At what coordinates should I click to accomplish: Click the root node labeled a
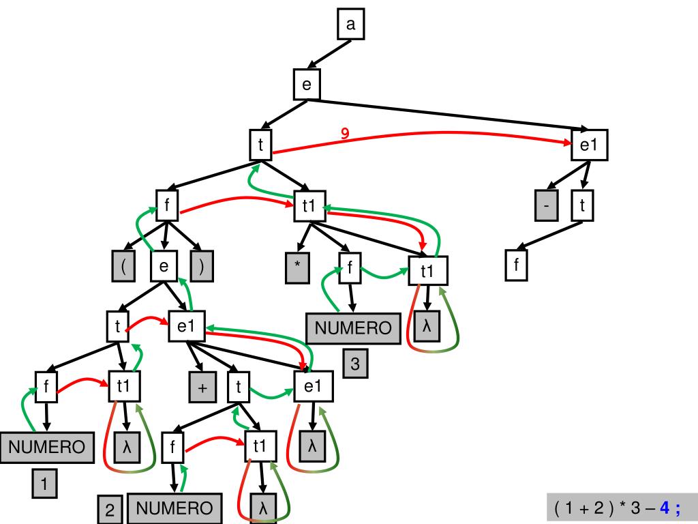351,25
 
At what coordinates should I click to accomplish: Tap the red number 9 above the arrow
345,134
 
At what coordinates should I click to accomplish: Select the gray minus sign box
546,205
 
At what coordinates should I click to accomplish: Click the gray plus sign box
202,388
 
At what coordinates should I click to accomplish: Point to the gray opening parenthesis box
123,266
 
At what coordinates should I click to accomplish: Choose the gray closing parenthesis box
201,266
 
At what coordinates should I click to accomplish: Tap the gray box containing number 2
110,510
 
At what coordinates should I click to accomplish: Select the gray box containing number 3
355,364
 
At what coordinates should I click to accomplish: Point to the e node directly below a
306,85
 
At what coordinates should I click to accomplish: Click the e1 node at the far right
588,145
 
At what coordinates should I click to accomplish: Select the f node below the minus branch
516,266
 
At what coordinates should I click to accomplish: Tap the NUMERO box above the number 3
353,328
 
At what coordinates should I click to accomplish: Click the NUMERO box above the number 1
46,448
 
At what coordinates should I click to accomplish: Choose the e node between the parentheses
164,266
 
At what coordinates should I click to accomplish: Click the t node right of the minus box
582,205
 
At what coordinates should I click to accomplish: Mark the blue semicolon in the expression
678,508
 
